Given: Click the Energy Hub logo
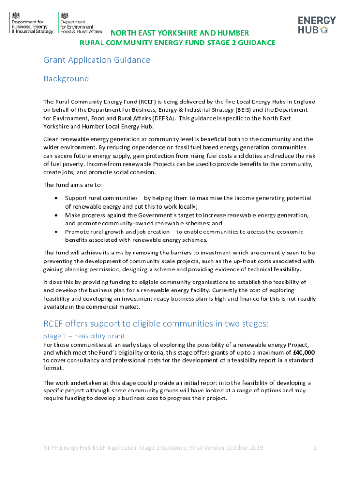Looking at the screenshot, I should point(317,25).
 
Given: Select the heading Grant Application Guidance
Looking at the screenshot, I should point(97,60).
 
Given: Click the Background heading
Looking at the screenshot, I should point(66,79).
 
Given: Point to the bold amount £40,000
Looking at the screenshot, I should point(303,352).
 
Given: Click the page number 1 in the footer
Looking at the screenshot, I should point(315,448).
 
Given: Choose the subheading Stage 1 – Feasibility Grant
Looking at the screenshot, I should point(84,336).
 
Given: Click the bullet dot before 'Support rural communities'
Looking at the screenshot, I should point(56,198).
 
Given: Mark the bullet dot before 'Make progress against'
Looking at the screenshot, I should point(56,215).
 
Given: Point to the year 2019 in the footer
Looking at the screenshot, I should point(256,448).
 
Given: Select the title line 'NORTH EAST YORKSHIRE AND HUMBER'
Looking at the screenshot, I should point(180,33).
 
